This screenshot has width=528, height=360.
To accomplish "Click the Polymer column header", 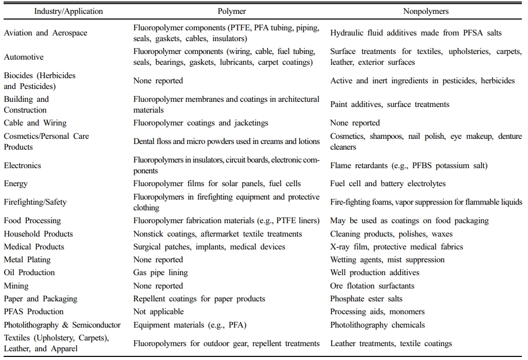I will [232, 11].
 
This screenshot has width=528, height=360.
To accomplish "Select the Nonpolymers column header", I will [425, 11].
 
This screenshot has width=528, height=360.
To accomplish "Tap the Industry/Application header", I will [68, 11].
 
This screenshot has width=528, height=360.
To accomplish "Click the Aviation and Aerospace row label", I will [45, 33].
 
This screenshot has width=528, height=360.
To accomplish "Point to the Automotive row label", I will [24, 57].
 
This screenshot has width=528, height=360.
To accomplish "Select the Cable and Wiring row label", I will [35, 123].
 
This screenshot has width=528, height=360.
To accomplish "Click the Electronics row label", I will [23, 166].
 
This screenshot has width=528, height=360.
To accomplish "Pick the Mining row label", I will [16, 286].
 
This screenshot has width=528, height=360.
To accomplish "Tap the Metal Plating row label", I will [27, 260].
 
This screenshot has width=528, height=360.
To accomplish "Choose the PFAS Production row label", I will [34, 312].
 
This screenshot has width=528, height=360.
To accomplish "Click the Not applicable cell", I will [158, 312].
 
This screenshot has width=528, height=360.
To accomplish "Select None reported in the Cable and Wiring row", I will [355, 123].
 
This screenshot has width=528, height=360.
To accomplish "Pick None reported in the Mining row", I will [158, 286].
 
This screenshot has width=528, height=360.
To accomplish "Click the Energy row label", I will [16, 184].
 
